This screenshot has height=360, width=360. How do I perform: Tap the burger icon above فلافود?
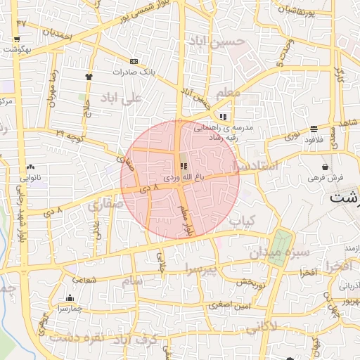(x=313, y=128)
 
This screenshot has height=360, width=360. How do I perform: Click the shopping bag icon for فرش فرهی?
(x=325, y=167)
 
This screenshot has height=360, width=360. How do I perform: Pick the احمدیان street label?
(x=57, y=32)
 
